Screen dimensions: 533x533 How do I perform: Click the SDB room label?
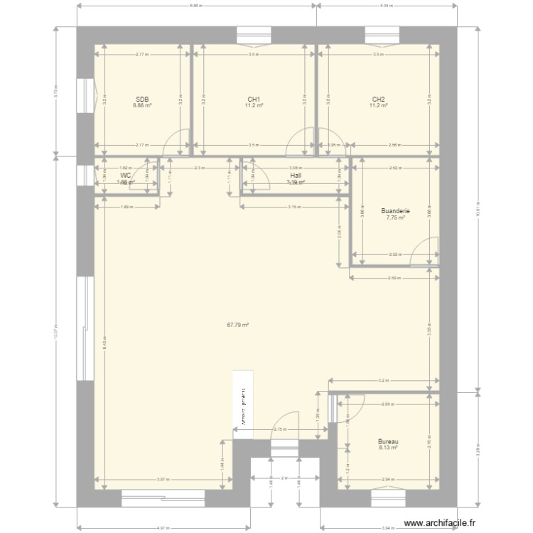(x=142, y=99)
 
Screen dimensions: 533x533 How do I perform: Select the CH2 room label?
(x=378, y=99)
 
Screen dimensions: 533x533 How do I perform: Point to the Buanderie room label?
(x=395, y=211)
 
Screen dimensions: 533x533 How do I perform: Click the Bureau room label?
(x=389, y=441)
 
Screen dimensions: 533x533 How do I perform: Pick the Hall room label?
(x=295, y=175)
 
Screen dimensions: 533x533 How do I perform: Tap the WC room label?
(x=126, y=175)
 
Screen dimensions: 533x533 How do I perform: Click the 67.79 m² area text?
(x=237, y=325)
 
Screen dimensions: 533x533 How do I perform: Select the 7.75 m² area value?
(x=395, y=218)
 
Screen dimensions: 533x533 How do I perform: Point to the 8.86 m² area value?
(x=142, y=106)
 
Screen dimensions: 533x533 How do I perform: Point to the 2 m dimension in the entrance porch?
(x=284, y=478)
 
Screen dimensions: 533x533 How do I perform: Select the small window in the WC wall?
(x=88, y=174)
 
